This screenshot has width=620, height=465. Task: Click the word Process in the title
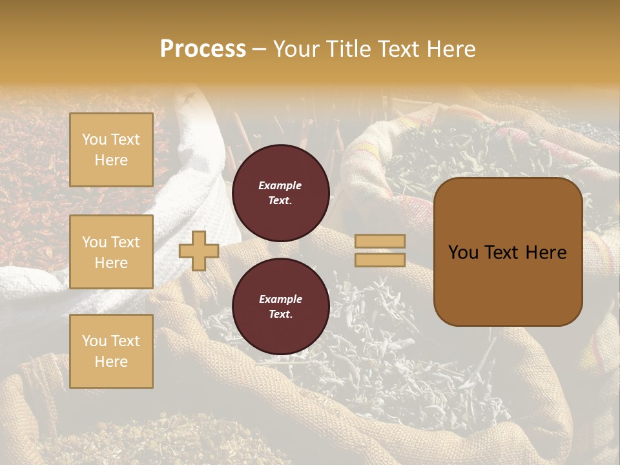click(203, 49)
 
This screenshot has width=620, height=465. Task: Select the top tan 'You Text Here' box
click(111, 150)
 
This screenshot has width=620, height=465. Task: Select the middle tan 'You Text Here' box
click(111, 252)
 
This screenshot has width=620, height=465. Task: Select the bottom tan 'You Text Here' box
click(111, 351)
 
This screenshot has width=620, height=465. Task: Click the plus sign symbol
click(199, 251)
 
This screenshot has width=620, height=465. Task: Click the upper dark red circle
click(280, 192)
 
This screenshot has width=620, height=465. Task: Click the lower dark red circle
click(280, 306)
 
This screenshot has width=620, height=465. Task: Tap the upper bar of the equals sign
click(380, 241)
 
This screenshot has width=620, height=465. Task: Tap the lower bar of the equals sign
click(380, 260)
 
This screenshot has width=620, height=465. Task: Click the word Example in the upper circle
click(280, 185)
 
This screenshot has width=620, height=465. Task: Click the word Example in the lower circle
click(280, 299)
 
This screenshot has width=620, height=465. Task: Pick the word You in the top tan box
click(94, 139)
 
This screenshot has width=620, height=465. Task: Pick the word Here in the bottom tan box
click(111, 362)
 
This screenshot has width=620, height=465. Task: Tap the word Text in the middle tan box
click(125, 242)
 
